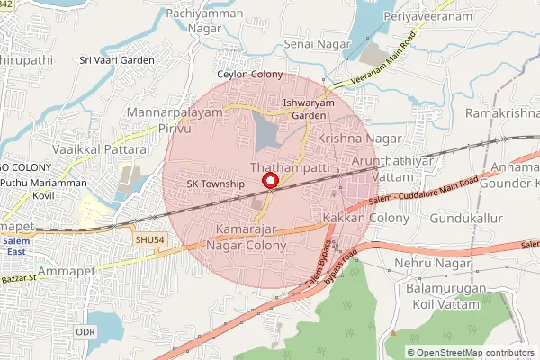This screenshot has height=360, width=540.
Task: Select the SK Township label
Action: pos(215,184)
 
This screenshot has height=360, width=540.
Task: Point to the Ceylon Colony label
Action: pos(249,75)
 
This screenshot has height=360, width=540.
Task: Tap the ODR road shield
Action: pos(85,332)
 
